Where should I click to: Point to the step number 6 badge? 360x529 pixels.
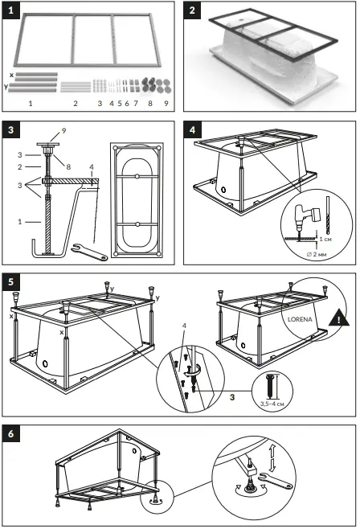14,432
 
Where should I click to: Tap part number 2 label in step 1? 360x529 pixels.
75,105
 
